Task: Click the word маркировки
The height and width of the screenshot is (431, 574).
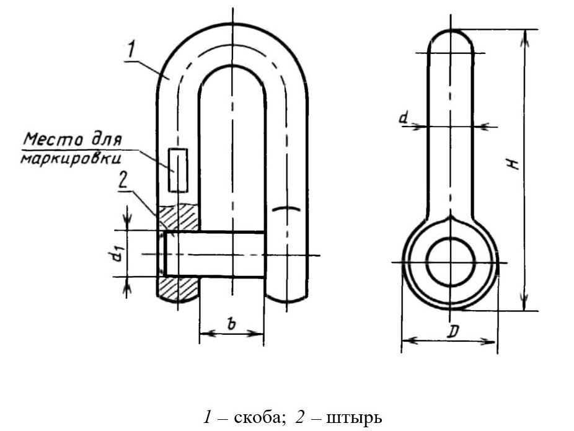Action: [x=71, y=159]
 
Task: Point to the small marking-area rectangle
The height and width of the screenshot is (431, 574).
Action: [x=178, y=171]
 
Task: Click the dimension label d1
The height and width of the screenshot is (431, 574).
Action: [x=117, y=254]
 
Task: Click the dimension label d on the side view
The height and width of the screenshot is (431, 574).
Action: [x=403, y=118]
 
